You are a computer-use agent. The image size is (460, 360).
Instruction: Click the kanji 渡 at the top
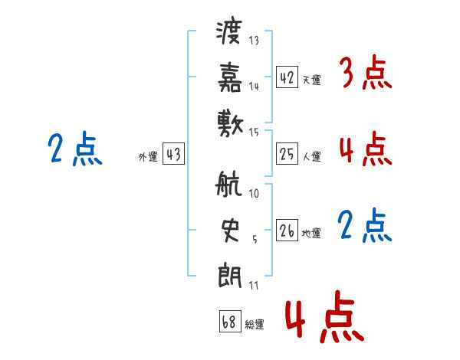click(229, 32)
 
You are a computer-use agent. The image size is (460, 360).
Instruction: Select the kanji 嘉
click(230, 77)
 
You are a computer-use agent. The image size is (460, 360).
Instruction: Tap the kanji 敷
click(230, 124)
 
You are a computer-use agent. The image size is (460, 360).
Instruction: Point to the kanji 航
click(228, 183)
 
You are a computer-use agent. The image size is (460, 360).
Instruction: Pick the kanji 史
click(230, 230)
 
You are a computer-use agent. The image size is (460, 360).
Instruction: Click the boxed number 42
click(287, 77)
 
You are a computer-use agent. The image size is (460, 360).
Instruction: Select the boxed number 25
click(287, 153)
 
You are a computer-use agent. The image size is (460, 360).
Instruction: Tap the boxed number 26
click(287, 230)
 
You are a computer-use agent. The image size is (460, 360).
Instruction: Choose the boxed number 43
click(173, 153)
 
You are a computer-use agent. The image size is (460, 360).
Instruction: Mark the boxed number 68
click(230, 321)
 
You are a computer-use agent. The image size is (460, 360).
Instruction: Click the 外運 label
click(148, 157)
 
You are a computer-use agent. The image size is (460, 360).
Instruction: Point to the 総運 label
click(255, 324)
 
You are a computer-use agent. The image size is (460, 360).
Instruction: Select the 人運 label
click(312, 156)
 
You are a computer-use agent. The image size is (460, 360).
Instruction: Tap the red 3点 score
click(366, 72)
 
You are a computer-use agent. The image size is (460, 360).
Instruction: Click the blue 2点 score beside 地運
click(365, 225)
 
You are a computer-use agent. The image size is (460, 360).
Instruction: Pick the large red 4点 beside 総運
click(325, 316)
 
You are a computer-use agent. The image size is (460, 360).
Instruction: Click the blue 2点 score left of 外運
click(75, 149)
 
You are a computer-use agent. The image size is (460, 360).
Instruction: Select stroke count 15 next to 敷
click(254, 133)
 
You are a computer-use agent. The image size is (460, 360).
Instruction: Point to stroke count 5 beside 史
click(255, 240)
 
